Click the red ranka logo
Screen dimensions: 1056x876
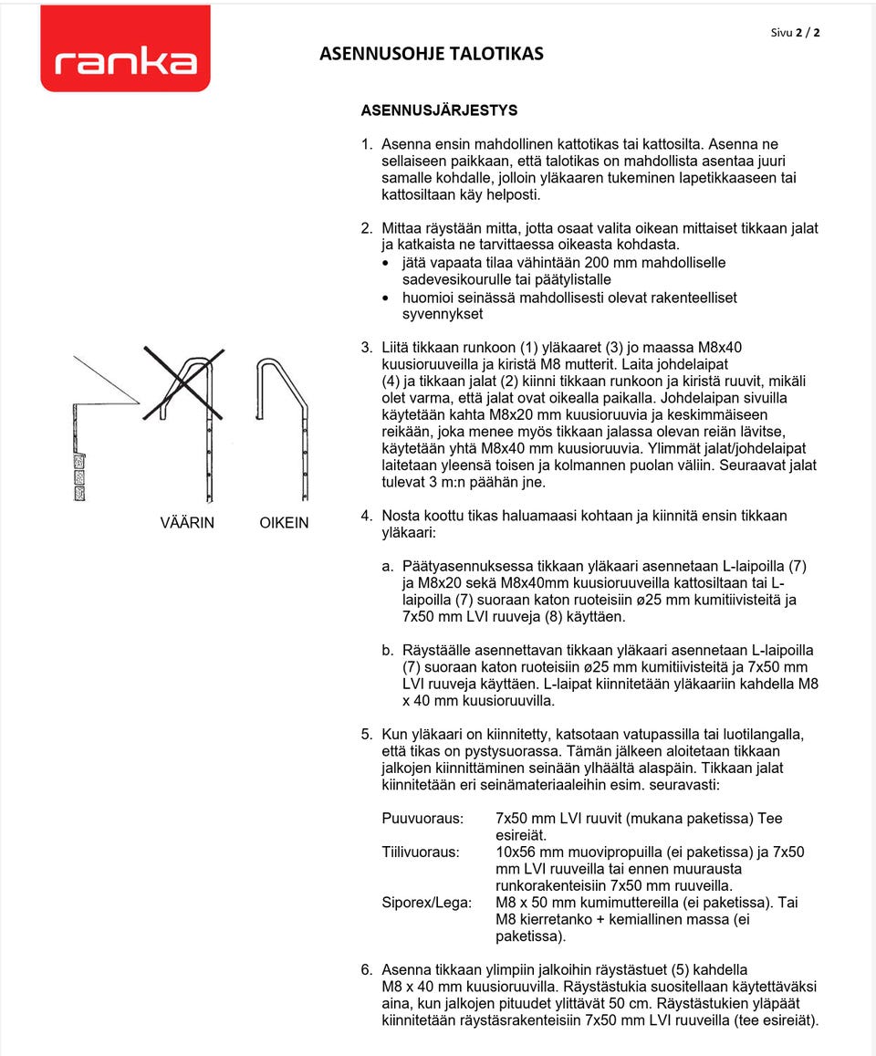tap(125, 49)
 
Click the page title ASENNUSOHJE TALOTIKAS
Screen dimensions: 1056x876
tap(432, 54)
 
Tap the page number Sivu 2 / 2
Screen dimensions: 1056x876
tap(795, 32)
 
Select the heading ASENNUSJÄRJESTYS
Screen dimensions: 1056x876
tap(439, 110)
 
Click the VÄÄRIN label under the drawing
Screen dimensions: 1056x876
tap(187, 523)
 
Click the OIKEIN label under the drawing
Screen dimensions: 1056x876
tap(284, 523)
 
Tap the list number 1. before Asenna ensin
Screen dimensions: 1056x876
tap(367, 144)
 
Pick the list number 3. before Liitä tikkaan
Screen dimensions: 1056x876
tap(367, 347)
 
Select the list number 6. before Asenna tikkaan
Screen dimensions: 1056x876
tap(367, 969)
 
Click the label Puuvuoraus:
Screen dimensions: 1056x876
tap(422, 819)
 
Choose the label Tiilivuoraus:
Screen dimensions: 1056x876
tap(421, 852)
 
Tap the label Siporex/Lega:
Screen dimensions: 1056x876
tap(427, 903)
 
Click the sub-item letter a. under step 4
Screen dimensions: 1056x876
tap(388, 566)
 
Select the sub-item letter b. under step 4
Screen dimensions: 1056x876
tap(388, 651)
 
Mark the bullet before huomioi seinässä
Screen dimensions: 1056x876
tap(387, 298)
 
